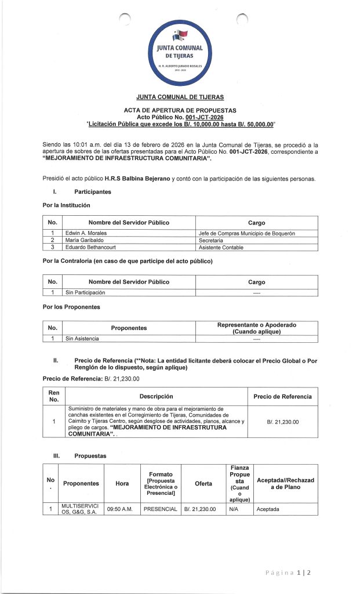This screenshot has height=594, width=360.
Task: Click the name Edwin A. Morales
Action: click(x=86, y=233)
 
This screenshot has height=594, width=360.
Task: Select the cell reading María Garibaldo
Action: click(x=85, y=240)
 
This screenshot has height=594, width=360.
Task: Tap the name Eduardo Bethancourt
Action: click(x=91, y=248)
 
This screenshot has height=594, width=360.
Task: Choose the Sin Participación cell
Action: click(x=85, y=292)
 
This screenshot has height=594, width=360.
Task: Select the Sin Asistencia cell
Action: click(x=82, y=338)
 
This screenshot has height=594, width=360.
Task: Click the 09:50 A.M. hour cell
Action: click(x=122, y=509)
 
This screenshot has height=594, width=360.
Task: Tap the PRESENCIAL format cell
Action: click(x=159, y=509)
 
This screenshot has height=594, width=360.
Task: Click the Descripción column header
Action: click(x=156, y=397)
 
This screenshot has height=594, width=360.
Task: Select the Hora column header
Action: click(x=122, y=483)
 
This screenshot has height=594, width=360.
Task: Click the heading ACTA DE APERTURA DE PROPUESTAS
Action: click(x=180, y=110)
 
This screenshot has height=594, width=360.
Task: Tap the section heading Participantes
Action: click(x=93, y=191)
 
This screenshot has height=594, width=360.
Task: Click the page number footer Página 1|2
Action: click(x=288, y=573)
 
